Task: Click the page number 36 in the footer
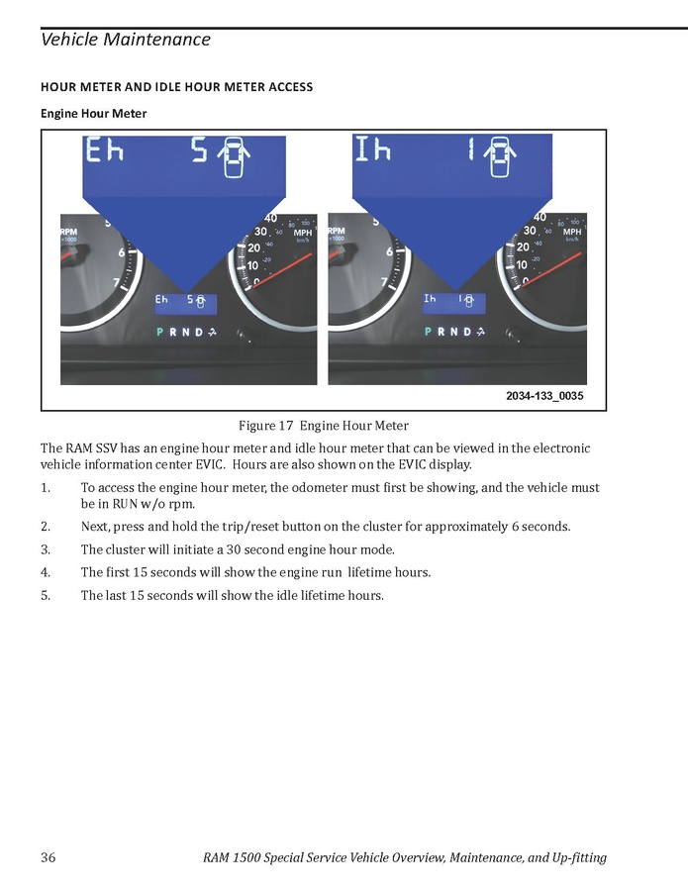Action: tap(48, 857)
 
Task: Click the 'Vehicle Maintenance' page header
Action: tap(125, 40)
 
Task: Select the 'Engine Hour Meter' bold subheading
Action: tap(93, 114)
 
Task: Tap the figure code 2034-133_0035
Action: tap(543, 396)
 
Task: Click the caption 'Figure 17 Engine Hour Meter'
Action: tap(323, 427)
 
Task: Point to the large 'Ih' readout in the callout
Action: tap(373, 150)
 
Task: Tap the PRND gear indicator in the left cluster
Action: tap(180, 332)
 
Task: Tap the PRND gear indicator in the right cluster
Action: tap(448, 332)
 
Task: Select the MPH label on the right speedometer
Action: tap(572, 232)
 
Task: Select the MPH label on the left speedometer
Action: tap(305, 232)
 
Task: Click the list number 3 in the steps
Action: tap(45, 549)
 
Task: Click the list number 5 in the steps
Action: tap(45, 596)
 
